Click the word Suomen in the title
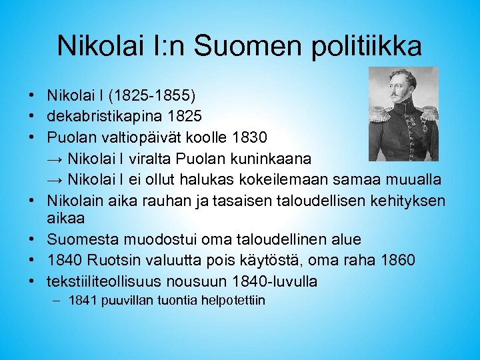[x=238, y=47]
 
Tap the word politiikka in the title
[x=359, y=47]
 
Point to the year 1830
[x=250, y=137]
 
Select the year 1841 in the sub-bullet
[x=82, y=301]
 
